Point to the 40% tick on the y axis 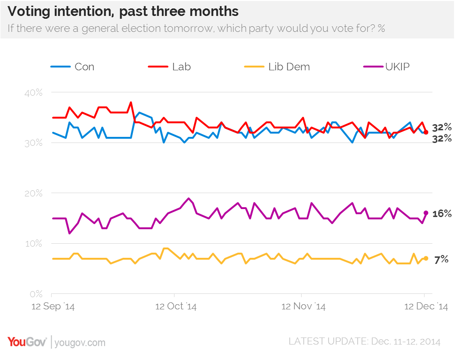pyautogui.click(x=33, y=92)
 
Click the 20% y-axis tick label pyautogui.click(x=33, y=193)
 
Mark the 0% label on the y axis pyautogui.click(x=36, y=294)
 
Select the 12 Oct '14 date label pyautogui.click(x=176, y=307)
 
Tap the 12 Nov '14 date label pyautogui.click(x=303, y=307)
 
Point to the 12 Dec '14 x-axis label pyautogui.click(x=425, y=307)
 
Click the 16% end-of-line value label pyautogui.click(x=441, y=213)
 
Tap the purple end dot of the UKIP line pyautogui.click(x=426, y=213)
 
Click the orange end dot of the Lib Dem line pyautogui.click(x=426, y=258)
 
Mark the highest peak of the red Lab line pyautogui.click(x=131, y=102)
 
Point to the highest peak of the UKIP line pyautogui.click(x=189, y=198)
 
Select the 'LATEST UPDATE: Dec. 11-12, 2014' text pyautogui.click(x=364, y=342)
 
